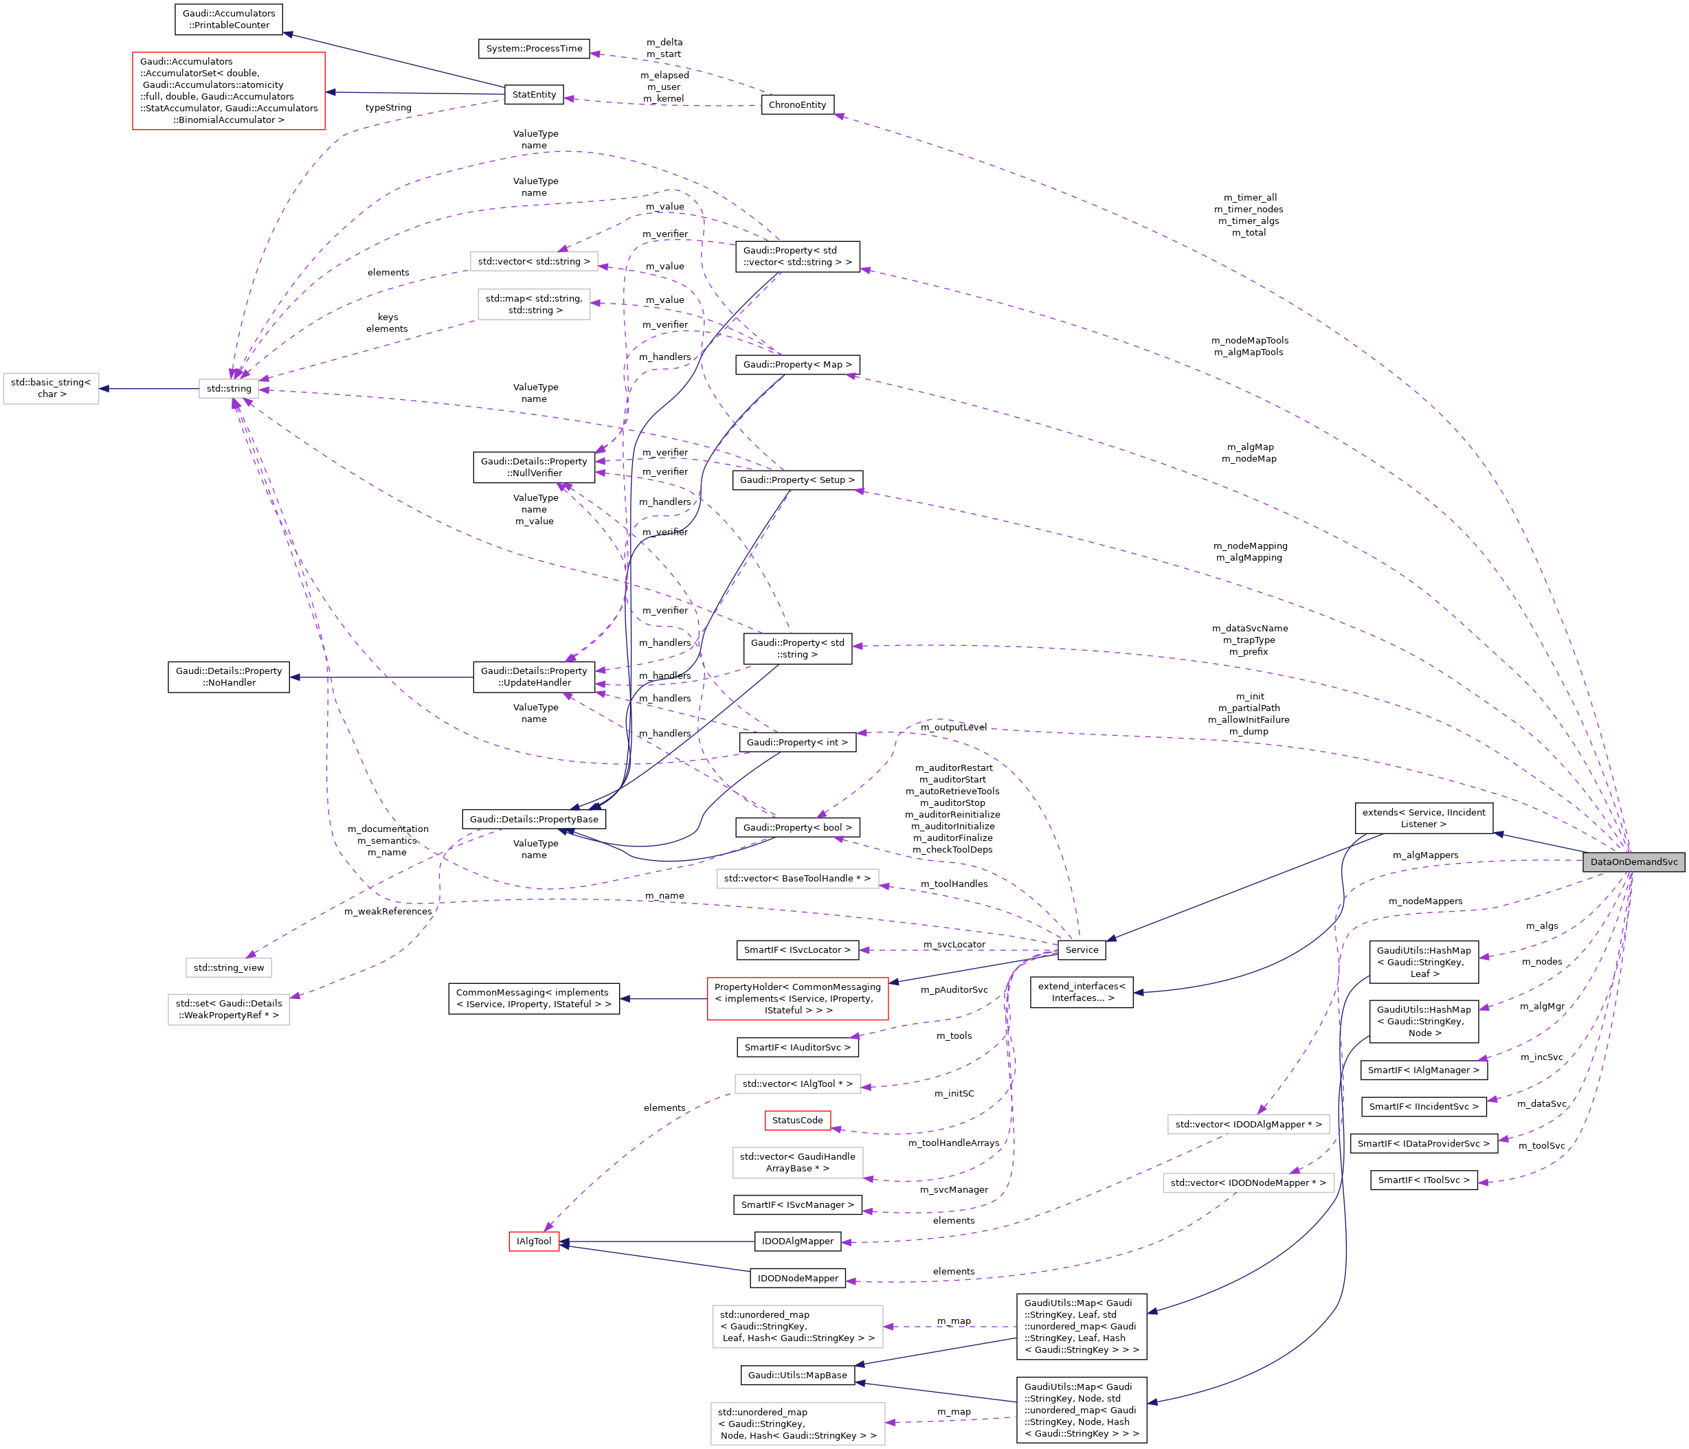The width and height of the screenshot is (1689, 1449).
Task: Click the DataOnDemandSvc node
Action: tap(1633, 862)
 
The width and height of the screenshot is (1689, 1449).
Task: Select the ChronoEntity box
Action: tap(796, 105)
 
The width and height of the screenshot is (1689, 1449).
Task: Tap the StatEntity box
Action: tap(534, 95)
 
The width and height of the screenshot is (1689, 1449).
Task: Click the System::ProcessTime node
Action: tap(534, 49)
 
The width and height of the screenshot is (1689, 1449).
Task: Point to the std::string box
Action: tap(228, 389)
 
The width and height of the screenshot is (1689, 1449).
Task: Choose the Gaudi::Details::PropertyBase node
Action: tap(533, 819)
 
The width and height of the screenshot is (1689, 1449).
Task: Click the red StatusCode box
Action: tap(797, 1121)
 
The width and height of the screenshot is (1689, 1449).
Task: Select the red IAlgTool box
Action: tap(534, 1242)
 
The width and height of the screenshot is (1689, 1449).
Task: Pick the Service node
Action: tap(1081, 950)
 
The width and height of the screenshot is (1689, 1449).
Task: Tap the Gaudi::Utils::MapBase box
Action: tap(797, 1375)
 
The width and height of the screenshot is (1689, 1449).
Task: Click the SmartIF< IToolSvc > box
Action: tap(1423, 1180)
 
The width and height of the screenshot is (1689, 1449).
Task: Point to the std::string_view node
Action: tap(228, 967)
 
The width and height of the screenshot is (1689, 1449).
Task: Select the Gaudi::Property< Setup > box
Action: tap(796, 480)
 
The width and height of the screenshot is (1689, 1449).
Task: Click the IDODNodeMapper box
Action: tap(797, 1278)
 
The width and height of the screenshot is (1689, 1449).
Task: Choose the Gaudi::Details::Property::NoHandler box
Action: tap(228, 677)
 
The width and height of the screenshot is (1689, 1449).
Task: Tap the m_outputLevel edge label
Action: tap(953, 728)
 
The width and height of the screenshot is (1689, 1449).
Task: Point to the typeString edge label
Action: tap(388, 108)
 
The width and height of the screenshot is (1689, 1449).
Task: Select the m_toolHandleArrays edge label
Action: tap(953, 1143)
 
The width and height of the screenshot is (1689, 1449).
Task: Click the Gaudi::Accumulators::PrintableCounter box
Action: tap(228, 19)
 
